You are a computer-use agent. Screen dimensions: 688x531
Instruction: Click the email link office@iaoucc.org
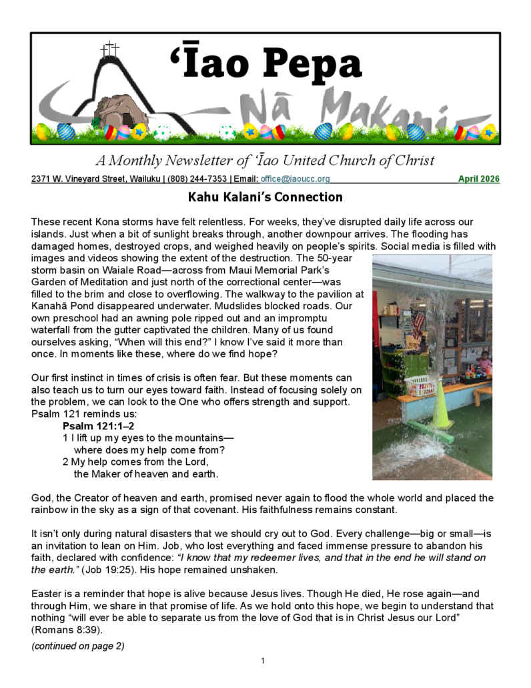tap(295, 179)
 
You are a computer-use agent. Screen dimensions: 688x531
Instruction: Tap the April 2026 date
tap(478, 179)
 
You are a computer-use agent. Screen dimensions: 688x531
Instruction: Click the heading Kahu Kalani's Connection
tap(265, 197)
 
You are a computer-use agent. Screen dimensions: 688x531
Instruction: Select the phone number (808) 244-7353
tap(195, 179)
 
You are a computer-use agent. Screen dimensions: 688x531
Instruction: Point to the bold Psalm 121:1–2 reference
tap(99, 426)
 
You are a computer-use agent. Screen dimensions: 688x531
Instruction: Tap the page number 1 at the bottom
tap(263, 661)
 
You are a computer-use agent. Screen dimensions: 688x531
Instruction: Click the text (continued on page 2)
tap(77, 646)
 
